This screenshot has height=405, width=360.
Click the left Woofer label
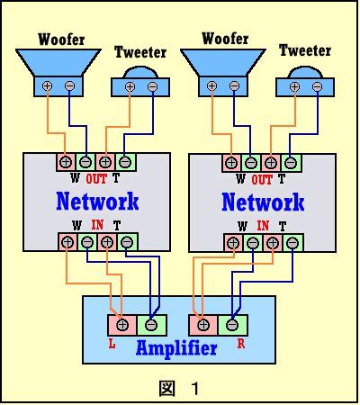click(61, 40)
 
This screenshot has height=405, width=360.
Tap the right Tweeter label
click(305, 50)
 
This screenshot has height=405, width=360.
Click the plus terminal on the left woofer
click(47, 86)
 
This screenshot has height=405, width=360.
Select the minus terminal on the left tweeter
click(152, 87)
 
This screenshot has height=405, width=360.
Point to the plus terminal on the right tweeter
click(294, 87)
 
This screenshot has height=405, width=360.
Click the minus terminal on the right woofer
click(234, 86)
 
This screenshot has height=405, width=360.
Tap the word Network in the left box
click(97, 201)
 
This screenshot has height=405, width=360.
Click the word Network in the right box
click(263, 202)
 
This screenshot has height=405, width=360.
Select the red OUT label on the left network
click(96, 179)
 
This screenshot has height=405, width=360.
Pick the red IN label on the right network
click(263, 226)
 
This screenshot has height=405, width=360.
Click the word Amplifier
click(176, 348)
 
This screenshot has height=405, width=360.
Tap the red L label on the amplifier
click(112, 344)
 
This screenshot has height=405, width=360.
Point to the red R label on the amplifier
click(241, 344)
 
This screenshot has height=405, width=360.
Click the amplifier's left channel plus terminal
click(122, 325)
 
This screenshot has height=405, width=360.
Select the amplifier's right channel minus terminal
click(232, 325)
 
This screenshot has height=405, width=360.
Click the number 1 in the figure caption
click(195, 389)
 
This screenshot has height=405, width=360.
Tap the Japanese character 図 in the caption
click(166, 389)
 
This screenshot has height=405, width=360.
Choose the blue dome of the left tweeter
click(141, 72)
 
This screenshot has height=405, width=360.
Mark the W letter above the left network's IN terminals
click(76, 225)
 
